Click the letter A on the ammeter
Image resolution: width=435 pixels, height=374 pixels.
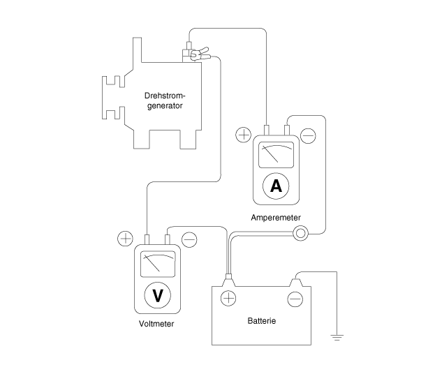click(x=276, y=186)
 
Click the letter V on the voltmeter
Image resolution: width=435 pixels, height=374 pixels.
click(x=158, y=295)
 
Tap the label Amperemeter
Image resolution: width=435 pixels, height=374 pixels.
click(x=276, y=218)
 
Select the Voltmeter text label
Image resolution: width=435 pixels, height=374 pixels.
click(x=156, y=324)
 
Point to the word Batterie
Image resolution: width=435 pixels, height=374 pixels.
click(x=262, y=321)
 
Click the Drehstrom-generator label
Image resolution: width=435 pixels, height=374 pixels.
click(x=165, y=100)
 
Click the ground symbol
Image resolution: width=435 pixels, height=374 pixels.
click(x=337, y=338)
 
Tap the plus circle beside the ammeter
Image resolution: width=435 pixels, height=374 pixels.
click(x=243, y=135)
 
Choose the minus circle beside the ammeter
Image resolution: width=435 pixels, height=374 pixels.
click(x=308, y=136)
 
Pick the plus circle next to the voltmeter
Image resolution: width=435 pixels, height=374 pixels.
click(x=126, y=239)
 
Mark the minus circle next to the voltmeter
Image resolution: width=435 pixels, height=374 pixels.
click(x=189, y=239)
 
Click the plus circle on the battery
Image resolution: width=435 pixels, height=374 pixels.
click(x=228, y=299)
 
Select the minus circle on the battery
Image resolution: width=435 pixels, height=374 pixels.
click(x=295, y=299)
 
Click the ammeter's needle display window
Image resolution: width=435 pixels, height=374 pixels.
click(x=276, y=155)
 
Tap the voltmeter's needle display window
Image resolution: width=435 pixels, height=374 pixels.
click(x=158, y=264)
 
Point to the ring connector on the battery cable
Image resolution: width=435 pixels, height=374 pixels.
click(x=300, y=233)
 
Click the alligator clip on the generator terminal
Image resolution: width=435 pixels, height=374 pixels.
click(x=200, y=54)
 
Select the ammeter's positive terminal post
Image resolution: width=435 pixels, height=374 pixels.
click(x=266, y=130)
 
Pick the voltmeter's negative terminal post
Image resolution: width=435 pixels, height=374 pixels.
click(x=168, y=239)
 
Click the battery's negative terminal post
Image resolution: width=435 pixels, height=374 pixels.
click(x=296, y=283)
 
